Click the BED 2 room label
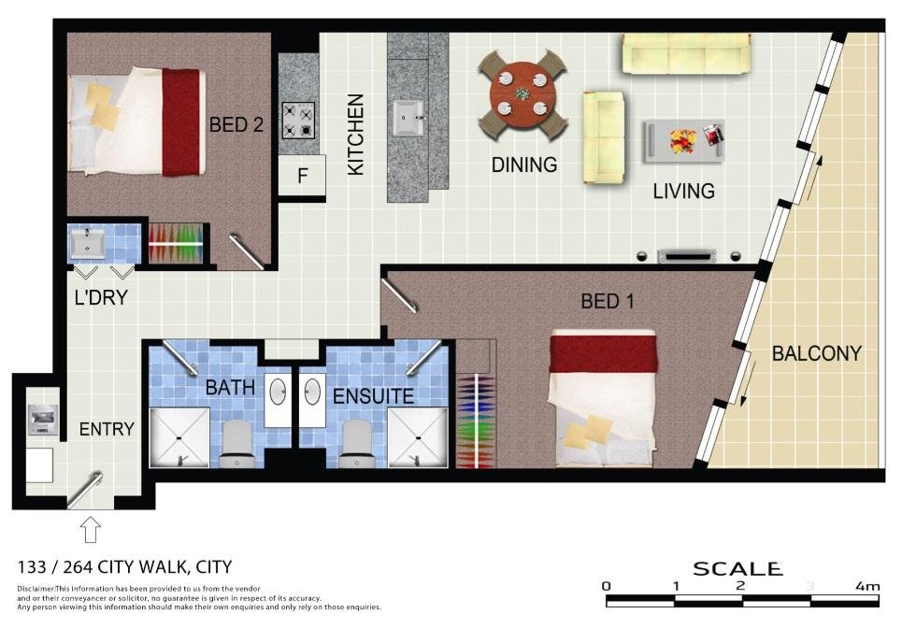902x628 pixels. click(x=236, y=124)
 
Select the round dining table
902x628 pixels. click(x=523, y=94)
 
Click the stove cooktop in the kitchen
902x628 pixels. click(x=298, y=120)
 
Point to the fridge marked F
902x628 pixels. click(x=302, y=175)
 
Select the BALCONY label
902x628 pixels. click(x=816, y=354)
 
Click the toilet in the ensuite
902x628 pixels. click(x=355, y=443)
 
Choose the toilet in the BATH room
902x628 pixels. click(x=237, y=443)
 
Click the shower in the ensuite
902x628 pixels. click(x=417, y=437)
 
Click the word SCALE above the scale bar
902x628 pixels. click(x=737, y=568)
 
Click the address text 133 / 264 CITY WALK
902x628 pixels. click(x=124, y=566)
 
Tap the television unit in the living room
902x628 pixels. click(x=687, y=255)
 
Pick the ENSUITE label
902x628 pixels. click(x=373, y=396)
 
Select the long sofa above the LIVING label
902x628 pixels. click(x=686, y=54)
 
